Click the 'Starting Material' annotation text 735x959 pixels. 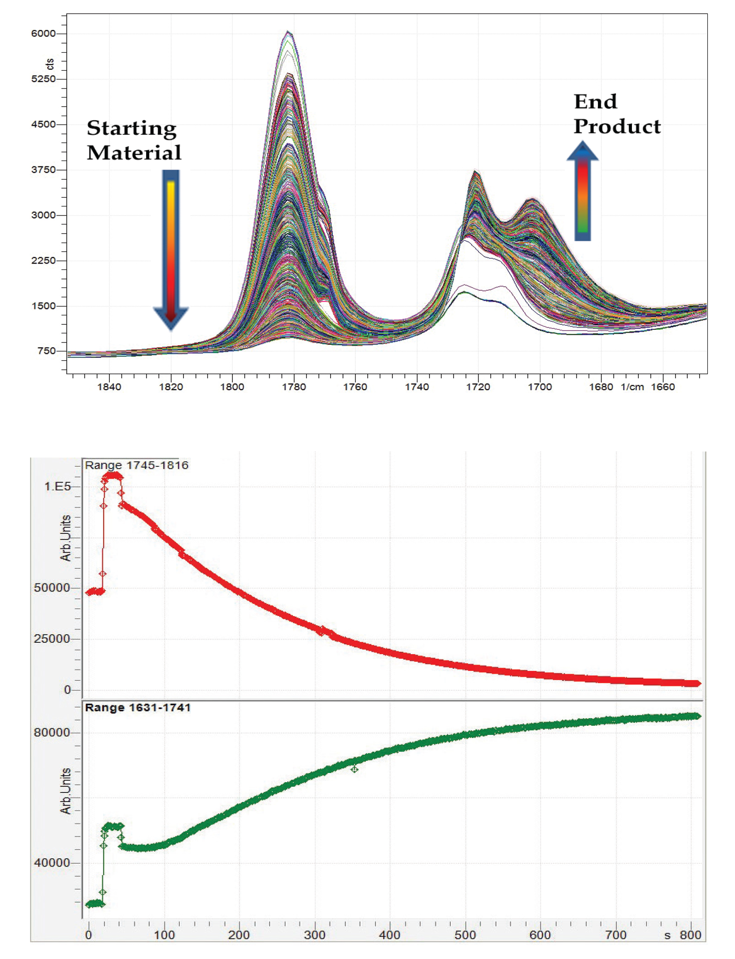pyautogui.click(x=134, y=140)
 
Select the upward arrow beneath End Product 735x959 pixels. pyautogui.click(x=582, y=191)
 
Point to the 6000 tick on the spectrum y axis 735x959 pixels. pyautogui.click(x=43, y=34)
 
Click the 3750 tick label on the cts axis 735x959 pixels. pyautogui.click(x=43, y=170)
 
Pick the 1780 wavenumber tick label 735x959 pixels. pyautogui.click(x=294, y=387)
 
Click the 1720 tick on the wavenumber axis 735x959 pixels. pyautogui.click(x=478, y=387)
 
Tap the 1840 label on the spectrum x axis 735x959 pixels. pyautogui.click(x=109, y=387)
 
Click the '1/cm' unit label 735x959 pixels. pyautogui.click(x=632, y=387)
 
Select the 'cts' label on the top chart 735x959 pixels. pyautogui.click(x=50, y=64)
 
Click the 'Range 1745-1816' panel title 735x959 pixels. pyautogui.click(x=136, y=465)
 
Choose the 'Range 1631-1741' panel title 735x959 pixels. pyautogui.click(x=138, y=708)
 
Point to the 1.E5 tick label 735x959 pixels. pyautogui.click(x=57, y=487)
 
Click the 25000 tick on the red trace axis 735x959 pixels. pyautogui.click(x=52, y=639)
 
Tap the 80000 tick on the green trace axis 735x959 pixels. pyautogui.click(x=52, y=733)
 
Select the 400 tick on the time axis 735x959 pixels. pyautogui.click(x=390, y=935)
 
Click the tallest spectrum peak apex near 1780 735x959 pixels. pyautogui.click(x=288, y=32)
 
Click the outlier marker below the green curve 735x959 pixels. pyautogui.click(x=354, y=769)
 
